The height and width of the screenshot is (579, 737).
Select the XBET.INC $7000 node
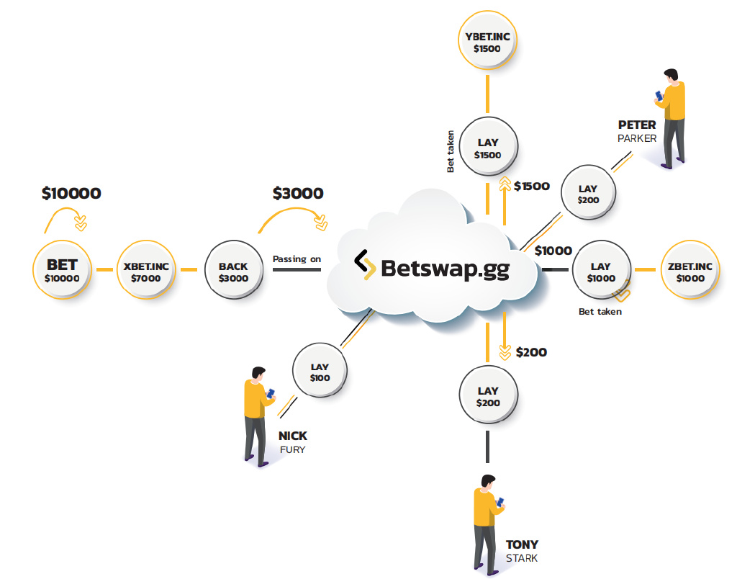[146, 271]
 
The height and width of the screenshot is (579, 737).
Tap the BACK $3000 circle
[233, 271]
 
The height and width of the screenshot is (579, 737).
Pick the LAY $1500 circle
[488, 148]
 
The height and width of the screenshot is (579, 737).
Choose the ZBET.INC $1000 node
[689, 271]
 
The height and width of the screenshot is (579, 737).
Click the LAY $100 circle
[320, 372]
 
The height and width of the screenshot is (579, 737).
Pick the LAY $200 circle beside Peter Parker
[588, 194]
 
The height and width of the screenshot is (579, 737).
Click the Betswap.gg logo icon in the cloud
[364, 264]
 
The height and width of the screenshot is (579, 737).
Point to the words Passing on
[297, 258]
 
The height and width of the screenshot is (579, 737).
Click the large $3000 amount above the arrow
[298, 193]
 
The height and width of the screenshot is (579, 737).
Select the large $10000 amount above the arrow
[71, 193]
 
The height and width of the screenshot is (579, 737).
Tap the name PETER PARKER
[637, 131]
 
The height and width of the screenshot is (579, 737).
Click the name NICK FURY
[292, 442]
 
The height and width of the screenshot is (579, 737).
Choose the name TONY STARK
[521, 551]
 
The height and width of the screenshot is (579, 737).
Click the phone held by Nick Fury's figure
[272, 393]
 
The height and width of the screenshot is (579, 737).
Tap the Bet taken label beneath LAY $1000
[600, 311]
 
